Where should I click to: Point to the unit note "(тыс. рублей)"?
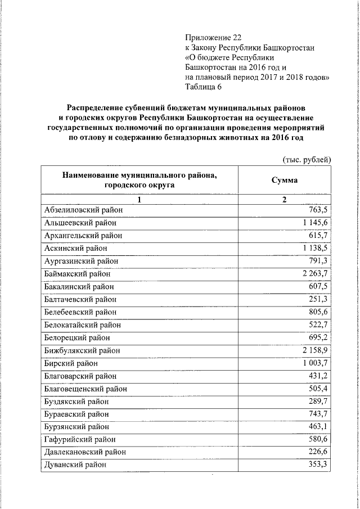click(307, 160)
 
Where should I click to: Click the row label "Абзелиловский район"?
click(83, 210)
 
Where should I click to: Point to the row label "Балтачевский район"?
click(80, 300)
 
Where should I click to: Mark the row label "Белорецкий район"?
click(77, 338)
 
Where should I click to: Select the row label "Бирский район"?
click(71, 363)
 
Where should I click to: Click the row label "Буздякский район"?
click(76, 402)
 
